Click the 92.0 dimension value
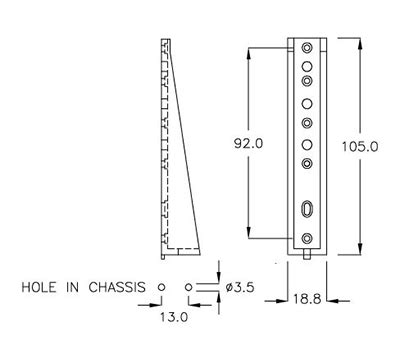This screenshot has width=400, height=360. click(248, 143)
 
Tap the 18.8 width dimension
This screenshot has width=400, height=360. click(306, 298)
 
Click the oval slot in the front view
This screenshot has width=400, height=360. click(307, 208)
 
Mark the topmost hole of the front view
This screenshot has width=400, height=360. click(307, 47)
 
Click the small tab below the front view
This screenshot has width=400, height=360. click(307, 251)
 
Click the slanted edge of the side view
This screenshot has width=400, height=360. click(185, 140)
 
